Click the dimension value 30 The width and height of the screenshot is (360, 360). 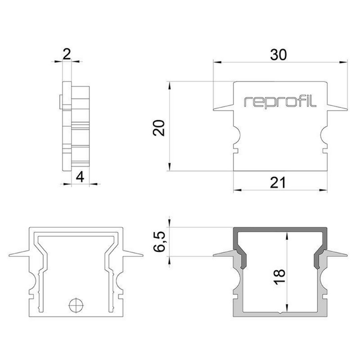pyautogui.click(x=278, y=55)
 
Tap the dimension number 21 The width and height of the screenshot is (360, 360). pyautogui.click(x=278, y=183)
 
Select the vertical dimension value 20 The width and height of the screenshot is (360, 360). pyautogui.click(x=159, y=128)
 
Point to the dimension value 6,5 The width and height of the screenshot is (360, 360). pyautogui.click(x=159, y=242)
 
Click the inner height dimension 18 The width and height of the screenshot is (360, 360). pyautogui.click(x=279, y=277)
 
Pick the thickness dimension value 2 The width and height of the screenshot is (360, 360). pyautogui.click(x=67, y=55)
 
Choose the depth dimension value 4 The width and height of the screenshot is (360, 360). pyautogui.click(x=80, y=177)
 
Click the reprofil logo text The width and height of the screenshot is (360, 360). pyautogui.click(x=280, y=102)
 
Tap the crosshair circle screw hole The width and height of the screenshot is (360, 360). pyautogui.click(x=76, y=305)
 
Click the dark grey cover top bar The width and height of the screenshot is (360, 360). pyautogui.click(x=280, y=230)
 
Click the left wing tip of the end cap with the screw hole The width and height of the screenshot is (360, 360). pyautogui.click(x=10, y=255)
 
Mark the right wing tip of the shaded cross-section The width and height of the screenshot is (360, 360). pyautogui.click(x=347, y=255)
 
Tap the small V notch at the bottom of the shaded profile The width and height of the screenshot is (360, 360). pyautogui.click(x=280, y=313)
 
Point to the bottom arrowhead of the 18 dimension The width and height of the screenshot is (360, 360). pyautogui.click(x=287, y=308)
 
